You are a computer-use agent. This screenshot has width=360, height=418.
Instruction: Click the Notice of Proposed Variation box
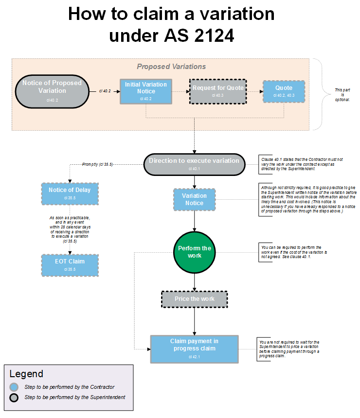[x=52, y=90]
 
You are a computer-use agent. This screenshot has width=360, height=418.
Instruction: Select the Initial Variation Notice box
[x=146, y=91]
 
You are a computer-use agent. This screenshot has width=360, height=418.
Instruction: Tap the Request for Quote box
[x=218, y=91]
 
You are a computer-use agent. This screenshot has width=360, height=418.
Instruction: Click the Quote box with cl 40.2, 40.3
[x=284, y=91]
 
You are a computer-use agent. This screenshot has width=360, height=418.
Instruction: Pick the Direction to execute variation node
[x=194, y=164]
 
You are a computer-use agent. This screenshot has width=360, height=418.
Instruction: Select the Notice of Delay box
[x=70, y=193]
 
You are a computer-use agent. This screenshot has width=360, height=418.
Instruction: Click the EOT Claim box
[x=70, y=264]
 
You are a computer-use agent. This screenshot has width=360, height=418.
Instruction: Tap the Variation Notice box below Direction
[x=194, y=199]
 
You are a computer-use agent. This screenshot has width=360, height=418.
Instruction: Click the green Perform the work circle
[x=195, y=252]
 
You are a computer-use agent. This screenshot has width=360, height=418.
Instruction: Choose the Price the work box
[x=195, y=299]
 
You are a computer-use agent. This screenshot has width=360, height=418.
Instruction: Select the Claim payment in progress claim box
[x=195, y=348]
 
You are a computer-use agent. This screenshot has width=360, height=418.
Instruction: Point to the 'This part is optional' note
[x=342, y=95]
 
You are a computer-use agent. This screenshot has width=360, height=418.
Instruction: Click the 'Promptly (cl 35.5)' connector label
[x=97, y=164]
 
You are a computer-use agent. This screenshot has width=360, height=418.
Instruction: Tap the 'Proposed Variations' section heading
[x=171, y=67]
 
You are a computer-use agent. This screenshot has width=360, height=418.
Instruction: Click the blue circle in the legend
[x=15, y=387]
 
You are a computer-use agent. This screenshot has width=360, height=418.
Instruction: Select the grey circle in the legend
[x=15, y=397]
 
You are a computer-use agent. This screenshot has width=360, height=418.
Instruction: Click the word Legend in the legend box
[x=26, y=374]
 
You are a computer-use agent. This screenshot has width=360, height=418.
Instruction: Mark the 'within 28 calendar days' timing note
[x=70, y=227]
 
